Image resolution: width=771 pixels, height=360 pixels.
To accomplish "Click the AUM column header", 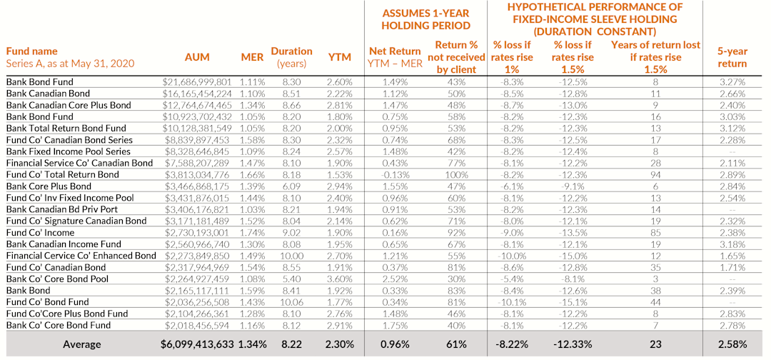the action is coord(197,57).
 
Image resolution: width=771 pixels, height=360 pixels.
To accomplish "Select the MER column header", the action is coord(252,57).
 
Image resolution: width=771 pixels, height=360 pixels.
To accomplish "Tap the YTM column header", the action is coord(340,57).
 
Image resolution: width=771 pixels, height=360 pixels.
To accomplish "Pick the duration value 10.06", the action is coord(293,302).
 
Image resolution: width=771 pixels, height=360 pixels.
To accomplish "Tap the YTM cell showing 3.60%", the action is coord(340,279).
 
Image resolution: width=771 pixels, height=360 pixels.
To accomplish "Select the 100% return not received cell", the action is coord(456,175).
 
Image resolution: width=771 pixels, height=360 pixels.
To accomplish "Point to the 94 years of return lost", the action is coord(655,175).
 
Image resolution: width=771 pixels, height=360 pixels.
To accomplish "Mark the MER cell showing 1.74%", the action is coord(252,233).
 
